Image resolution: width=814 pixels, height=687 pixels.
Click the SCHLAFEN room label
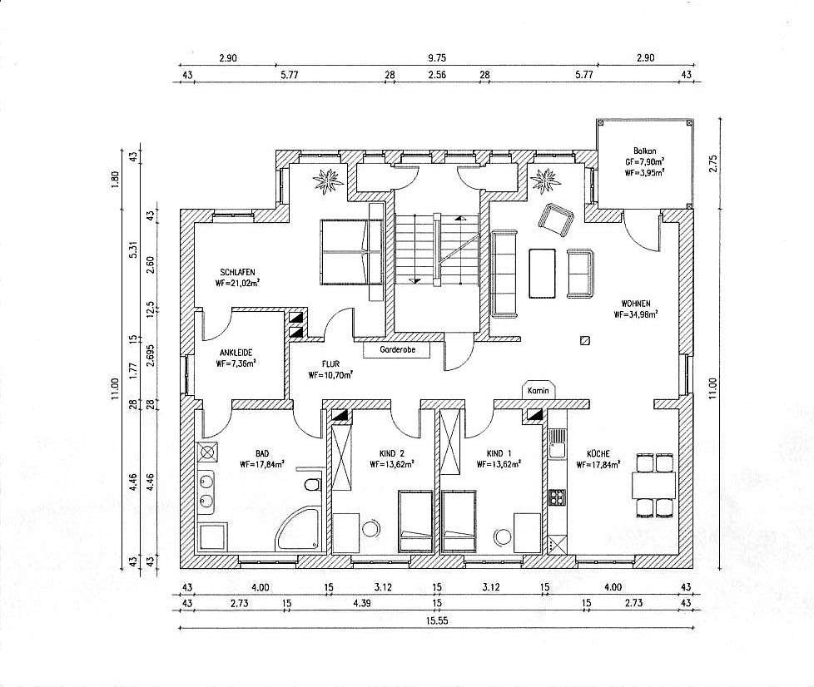click(x=237, y=272)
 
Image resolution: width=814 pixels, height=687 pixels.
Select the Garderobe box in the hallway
click(x=396, y=351)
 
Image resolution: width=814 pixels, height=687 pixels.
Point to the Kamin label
click(x=536, y=390)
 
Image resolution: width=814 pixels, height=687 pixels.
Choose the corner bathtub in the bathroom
click(x=299, y=529)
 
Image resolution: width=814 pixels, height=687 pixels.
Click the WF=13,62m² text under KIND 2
click(x=391, y=466)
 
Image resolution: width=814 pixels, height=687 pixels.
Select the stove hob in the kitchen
click(x=556, y=498)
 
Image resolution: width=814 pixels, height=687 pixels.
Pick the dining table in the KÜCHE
click(x=653, y=483)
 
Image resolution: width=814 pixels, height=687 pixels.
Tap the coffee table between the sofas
click(x=543, y=271)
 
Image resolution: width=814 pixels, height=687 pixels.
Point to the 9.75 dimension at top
click(x=436, y=58)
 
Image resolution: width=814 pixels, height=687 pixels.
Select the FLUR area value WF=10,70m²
click(x=330, y=375)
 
